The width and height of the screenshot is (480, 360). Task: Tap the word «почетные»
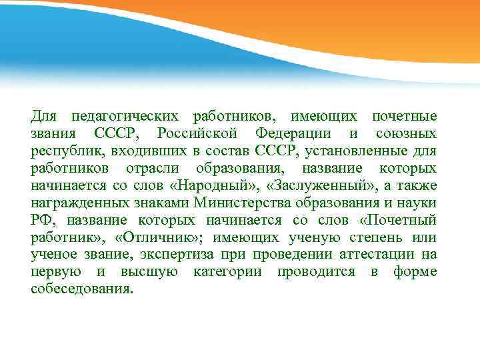tap(404, 117)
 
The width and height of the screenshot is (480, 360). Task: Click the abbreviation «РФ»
tap(40, 221)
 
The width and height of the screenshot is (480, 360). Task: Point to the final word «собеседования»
tap(82, 290)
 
